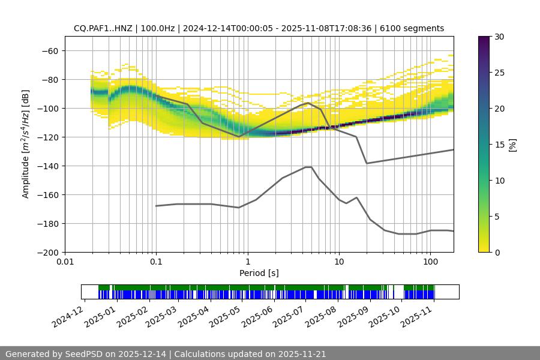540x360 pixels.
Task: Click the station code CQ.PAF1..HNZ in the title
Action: click(x=105, y=28)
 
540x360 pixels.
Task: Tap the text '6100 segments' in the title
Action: click(x=416, y=28)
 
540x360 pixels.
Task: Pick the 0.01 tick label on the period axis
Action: click(x=65, y=262)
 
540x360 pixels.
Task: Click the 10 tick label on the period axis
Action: click(x=338, y=262)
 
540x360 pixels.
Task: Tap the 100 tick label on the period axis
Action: click(x=430, y=262)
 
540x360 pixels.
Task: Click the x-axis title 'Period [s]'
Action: click(x=259, y=273)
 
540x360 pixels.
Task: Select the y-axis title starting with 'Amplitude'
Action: click(x=25, y=144)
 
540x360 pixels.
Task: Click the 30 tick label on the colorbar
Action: click(x=499, y=37)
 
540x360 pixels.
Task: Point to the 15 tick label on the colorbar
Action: click(x=499, y=144)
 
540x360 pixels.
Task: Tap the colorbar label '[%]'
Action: click(x=512, y=144)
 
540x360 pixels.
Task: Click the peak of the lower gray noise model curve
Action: click(x=308, y=167)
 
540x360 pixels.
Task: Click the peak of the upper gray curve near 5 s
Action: click(x=308, y=103)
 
